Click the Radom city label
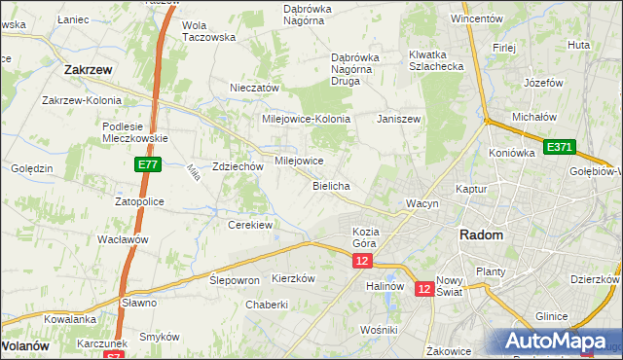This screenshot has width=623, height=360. coord(481,235)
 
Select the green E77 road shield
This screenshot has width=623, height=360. coord(147,166)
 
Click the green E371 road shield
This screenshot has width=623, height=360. coord(560,147)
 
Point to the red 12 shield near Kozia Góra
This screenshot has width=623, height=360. coord(362,262)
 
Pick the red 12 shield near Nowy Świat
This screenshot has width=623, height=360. coord(424,289)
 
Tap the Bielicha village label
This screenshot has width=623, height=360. coord(331,185)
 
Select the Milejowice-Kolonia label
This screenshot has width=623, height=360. coord(306,118)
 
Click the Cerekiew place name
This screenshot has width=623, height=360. coord(249,225)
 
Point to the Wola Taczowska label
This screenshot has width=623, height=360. coord(209,30)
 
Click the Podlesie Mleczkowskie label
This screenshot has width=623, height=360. coord(136,131)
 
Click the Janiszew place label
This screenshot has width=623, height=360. coord(398,118)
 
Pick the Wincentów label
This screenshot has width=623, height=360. coord(476,18)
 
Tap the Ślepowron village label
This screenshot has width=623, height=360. coord(235,279)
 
